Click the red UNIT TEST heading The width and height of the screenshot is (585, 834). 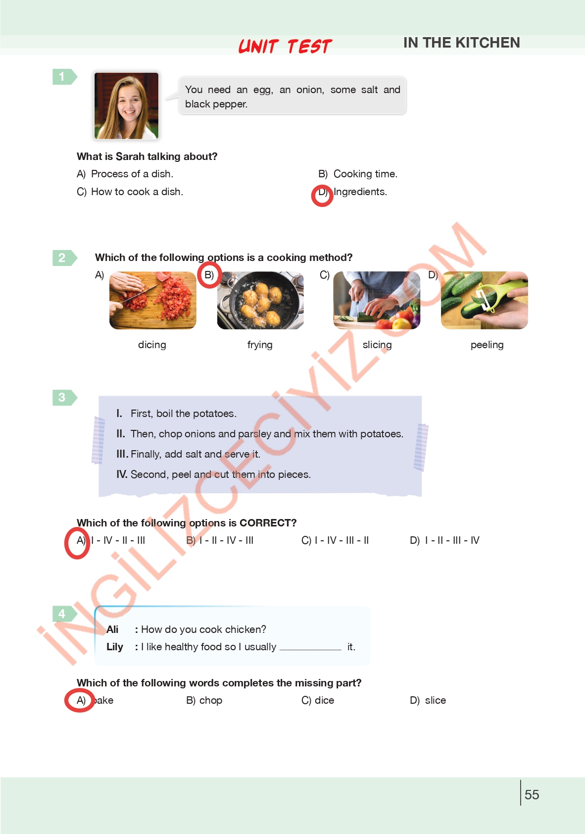point(285,47)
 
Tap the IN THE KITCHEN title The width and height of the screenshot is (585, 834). point(461,43)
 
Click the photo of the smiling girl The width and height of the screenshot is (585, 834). point(127,106)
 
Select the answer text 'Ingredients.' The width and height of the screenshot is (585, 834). point(360,192)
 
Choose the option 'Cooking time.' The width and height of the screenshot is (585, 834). point(365,174)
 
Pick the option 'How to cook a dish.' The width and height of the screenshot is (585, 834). point(137,192)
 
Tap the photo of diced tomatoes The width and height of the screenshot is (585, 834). point(153,300)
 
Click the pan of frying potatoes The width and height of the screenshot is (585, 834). point(260,300)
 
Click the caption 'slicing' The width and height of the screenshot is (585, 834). point(377,345)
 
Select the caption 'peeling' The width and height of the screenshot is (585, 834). point(487,345)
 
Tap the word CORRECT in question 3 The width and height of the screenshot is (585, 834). point(268,523)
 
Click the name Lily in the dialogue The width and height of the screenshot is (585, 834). point(115,647)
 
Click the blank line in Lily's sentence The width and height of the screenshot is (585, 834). point(310,650)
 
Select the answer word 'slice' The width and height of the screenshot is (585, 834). point(436,700)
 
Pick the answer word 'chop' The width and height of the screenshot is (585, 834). point(211,701)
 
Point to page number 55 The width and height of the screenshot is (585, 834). point(532,794)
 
